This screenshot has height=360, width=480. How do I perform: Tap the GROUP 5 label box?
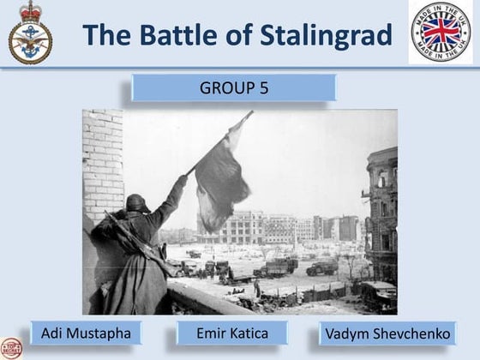pyautogui.click(x=233, y=87)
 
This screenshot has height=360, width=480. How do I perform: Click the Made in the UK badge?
pyautogui.click(x=440, y=33)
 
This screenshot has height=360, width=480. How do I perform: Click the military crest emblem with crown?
pyautogui.click(x=30, y=34)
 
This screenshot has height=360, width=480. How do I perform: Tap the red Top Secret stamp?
pyautogui.click(x=10, y=348)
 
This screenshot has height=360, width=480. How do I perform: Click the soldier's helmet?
pyautogui.click(x=137, y=203)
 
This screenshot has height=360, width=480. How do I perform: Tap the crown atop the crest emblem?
pyautogui.click(x=30, y=10)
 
